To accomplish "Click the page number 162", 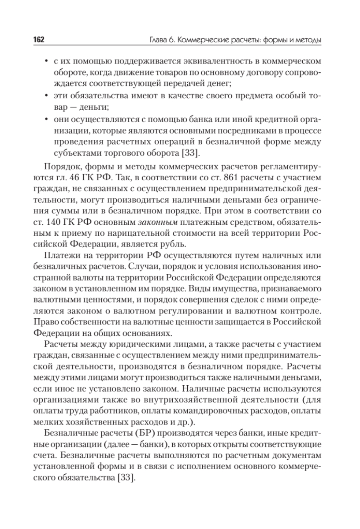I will click(39, 41).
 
